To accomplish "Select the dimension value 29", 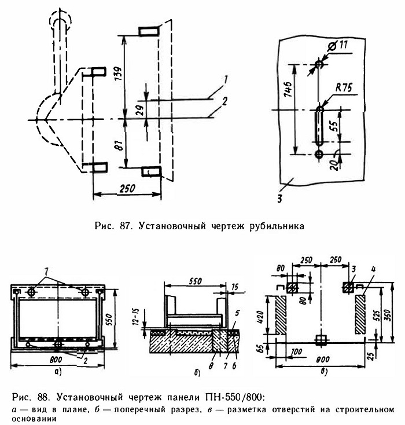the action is tap(141, 109).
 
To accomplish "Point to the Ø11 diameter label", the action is tap(337, 46).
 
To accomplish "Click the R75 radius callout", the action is tap(344, 87).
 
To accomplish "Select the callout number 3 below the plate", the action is tap(280, 199).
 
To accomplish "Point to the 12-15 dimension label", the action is tap(136, 316).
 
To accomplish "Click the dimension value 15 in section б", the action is tap(235, 287).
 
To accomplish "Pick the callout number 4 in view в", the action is tap(374, 270).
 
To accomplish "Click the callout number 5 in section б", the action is tap(237, 313).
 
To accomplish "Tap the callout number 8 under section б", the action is tap(211, 365).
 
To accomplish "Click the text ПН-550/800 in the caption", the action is tap(234, 397).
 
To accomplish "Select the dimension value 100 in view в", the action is tap(296, 351).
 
